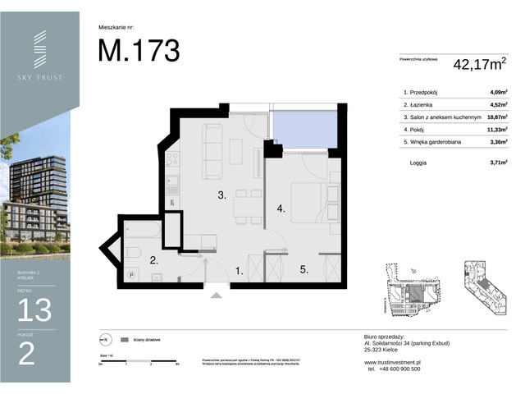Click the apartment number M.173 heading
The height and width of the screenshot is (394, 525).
pyautogui.click(x=139, y=50)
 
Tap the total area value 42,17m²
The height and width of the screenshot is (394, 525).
pyautogui.click(x=482, y=63)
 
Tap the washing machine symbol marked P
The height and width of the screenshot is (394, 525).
pyautogui.click(x=131, y=277)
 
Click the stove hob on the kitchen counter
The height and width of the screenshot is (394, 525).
pyautogui.click(x=173, y=158)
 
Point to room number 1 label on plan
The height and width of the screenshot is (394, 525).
pyautogui.click(x=240, y=270)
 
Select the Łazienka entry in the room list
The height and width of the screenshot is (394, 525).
pyautogui.click(x=422, y=105)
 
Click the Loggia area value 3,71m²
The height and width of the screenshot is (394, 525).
pyautogui.click(x=495, y=163)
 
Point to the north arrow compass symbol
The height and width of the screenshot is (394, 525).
pyautogui.click(x=103, y=339)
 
